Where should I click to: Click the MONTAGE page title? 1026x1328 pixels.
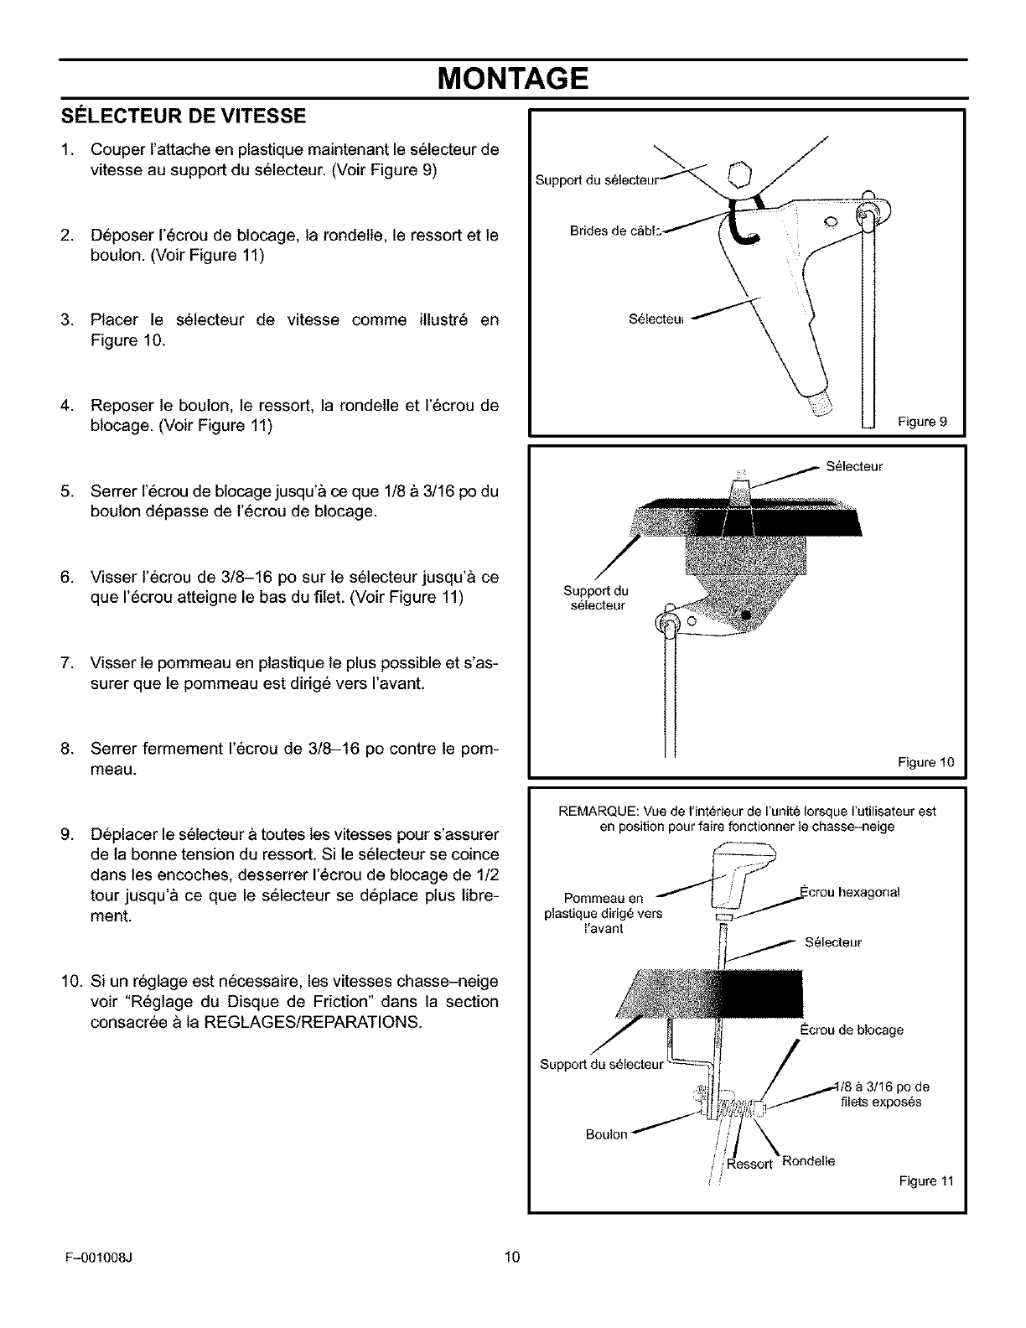(x=513, y=80)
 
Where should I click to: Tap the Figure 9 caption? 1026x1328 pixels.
(x=930, y=422)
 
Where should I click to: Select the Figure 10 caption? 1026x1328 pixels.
(x=926, y=762)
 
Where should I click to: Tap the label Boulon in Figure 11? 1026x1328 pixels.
(x=606, y=1134)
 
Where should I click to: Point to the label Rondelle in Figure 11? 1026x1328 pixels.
(x=808, y=1161)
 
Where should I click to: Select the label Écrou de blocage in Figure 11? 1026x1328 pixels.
(x=851, y=1030)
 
